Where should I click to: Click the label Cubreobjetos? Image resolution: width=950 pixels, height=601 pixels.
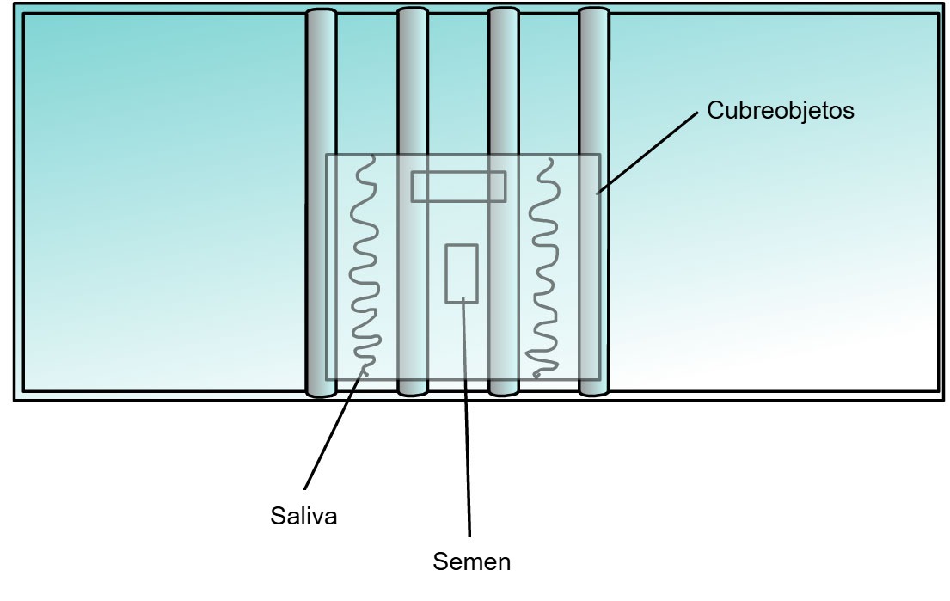click(781, 111)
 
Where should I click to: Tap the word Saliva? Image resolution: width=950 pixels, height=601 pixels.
click(303, 516)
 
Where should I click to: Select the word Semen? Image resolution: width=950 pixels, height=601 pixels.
click(471, 561)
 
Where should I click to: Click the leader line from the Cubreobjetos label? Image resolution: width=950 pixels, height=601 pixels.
click(647, 153)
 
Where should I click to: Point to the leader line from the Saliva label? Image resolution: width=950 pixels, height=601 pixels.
click(334, 427)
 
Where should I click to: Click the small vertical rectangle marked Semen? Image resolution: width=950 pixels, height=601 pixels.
click(462, 273)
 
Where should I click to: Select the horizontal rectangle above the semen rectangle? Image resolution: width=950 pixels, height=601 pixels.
click(458, 187)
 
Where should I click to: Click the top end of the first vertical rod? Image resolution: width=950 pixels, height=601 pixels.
click(322, 12)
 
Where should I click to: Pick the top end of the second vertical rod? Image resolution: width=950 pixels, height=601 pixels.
click(413, 11)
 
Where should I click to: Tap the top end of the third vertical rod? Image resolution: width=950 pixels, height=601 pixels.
click(504, 11)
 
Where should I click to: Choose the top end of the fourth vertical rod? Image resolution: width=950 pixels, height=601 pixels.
click(594, 11)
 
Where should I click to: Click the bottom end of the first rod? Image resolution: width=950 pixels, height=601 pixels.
click(322, 394)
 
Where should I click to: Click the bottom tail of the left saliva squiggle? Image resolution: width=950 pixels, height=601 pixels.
click(365, 367)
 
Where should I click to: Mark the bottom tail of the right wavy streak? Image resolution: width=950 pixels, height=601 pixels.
click(536, 376)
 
